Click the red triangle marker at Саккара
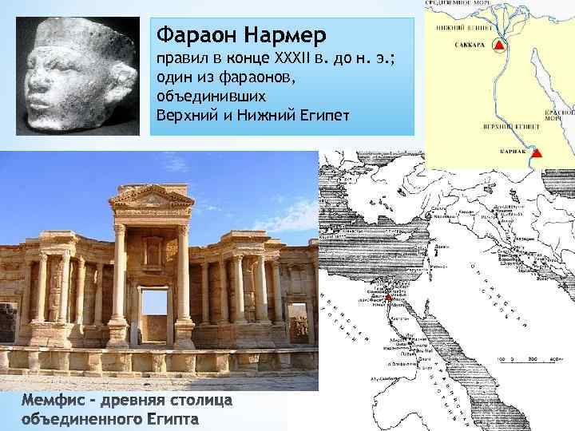499,47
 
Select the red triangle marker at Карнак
537,152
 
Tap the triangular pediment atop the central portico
151,196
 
